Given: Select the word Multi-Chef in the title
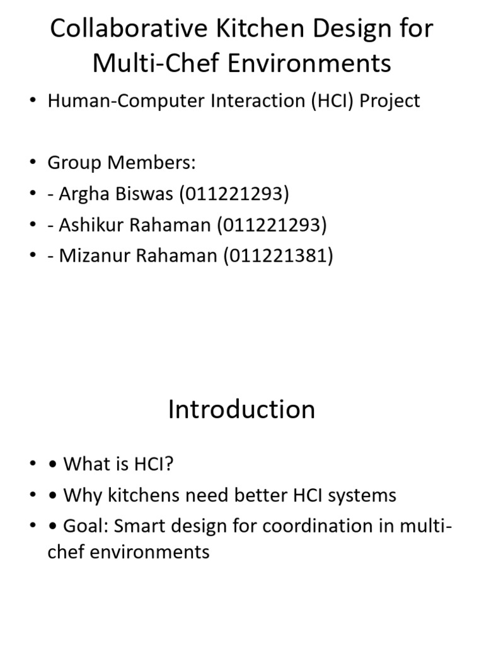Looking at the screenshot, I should (153, 63).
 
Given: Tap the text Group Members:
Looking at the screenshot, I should (122, 163).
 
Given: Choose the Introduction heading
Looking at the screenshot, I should (241, 409).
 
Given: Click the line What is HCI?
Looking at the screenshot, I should (118, 465).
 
